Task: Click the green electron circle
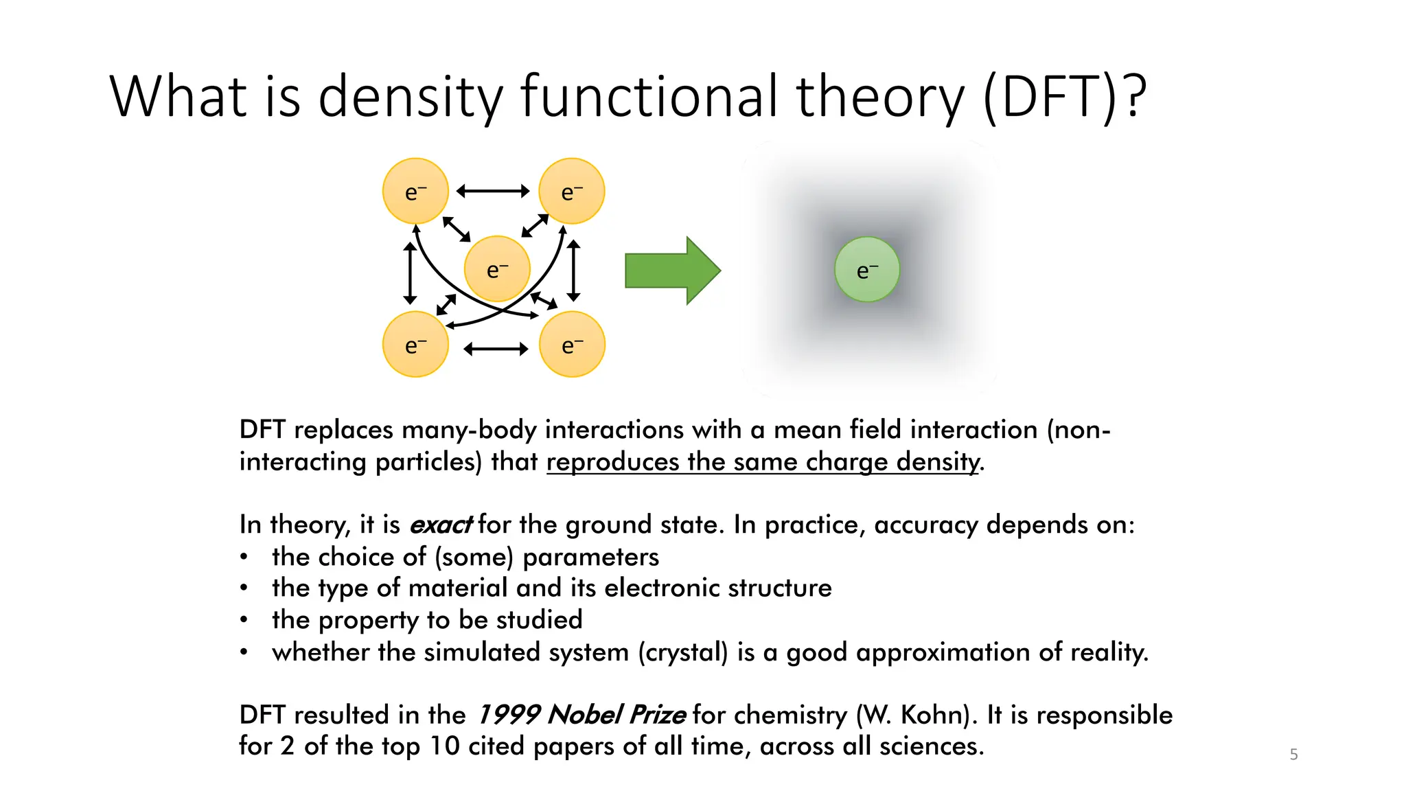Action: (x=866, y=269)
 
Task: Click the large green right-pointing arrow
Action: (x=671, y=271)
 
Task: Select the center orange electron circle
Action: (x=497, y=269)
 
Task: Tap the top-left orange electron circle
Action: (x=415, y=191)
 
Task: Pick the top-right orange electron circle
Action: (x=572, y=191)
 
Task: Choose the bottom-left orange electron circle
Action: (x=415, y=344)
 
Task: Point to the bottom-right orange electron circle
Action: (x=572, y=344)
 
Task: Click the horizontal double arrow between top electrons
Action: (x=493, y=191)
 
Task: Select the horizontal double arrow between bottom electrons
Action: (x=496, y=349)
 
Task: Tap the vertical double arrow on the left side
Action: (x=410, y=273)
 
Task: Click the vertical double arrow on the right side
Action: (x=574, y=271)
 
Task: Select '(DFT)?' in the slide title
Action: (x=1065, y=97)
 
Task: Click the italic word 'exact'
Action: (x=440, y=525)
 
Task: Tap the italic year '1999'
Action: (x=507, y=715)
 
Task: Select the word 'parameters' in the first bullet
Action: (x=590, y=557)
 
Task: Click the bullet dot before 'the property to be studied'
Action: (x=244, y=620)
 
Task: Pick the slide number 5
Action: (x=1293, y=755)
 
